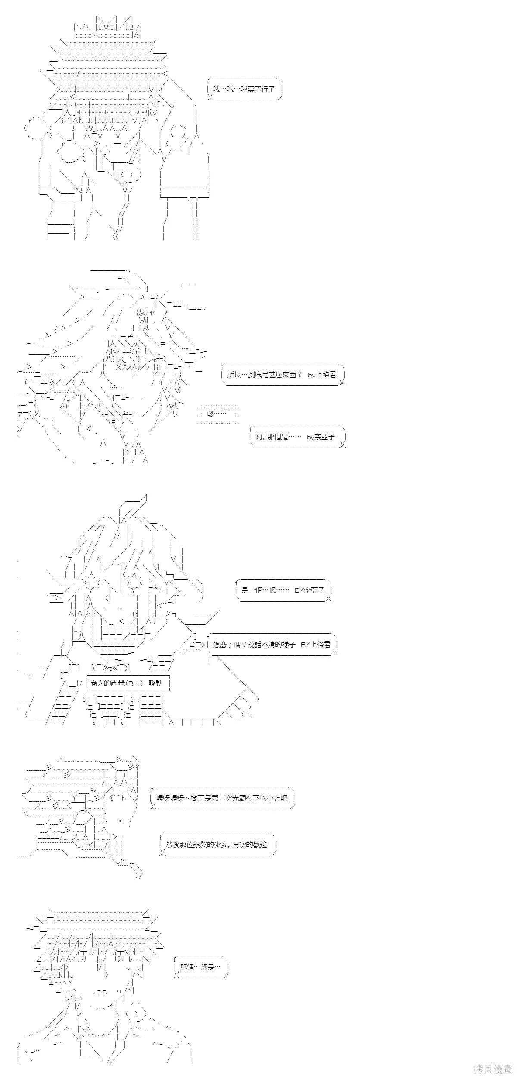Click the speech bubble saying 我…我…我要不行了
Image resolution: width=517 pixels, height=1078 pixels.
click(244, 90)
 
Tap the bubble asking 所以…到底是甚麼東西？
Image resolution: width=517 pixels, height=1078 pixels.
click(283, 375)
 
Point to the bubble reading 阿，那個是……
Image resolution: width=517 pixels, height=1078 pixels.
click(298, 437)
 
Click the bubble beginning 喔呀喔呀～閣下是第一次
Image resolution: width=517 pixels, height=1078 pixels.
click(222, 798)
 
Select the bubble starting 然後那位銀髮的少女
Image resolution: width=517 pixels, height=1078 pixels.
click(217, 844)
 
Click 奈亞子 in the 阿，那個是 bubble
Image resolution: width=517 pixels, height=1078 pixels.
click(325, 437)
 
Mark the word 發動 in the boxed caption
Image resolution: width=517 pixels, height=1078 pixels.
click(156, 683)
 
